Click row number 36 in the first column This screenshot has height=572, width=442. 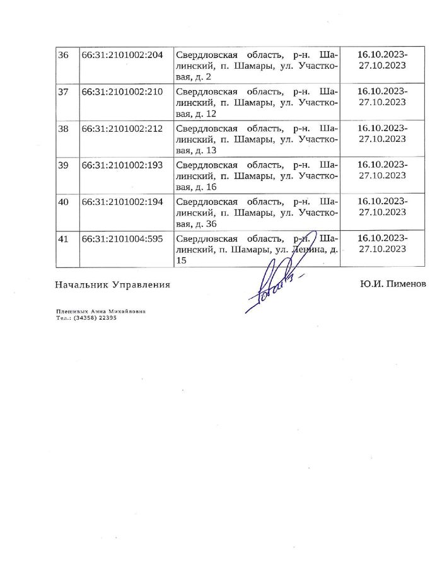62,55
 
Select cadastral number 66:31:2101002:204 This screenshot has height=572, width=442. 122,55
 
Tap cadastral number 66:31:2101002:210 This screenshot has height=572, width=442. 122,91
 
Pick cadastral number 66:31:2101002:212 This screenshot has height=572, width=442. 122,128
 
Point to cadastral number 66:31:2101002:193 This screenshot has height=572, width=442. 122,165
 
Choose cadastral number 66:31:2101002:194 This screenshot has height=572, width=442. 122,201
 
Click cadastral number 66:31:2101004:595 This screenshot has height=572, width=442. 122,238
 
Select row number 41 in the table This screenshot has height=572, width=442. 62,238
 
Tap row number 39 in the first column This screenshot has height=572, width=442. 62,165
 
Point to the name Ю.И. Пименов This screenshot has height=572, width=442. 393,284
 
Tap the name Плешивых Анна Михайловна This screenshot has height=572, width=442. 92,312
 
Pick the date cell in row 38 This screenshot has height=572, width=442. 382,134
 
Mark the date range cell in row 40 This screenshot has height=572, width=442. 382,207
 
